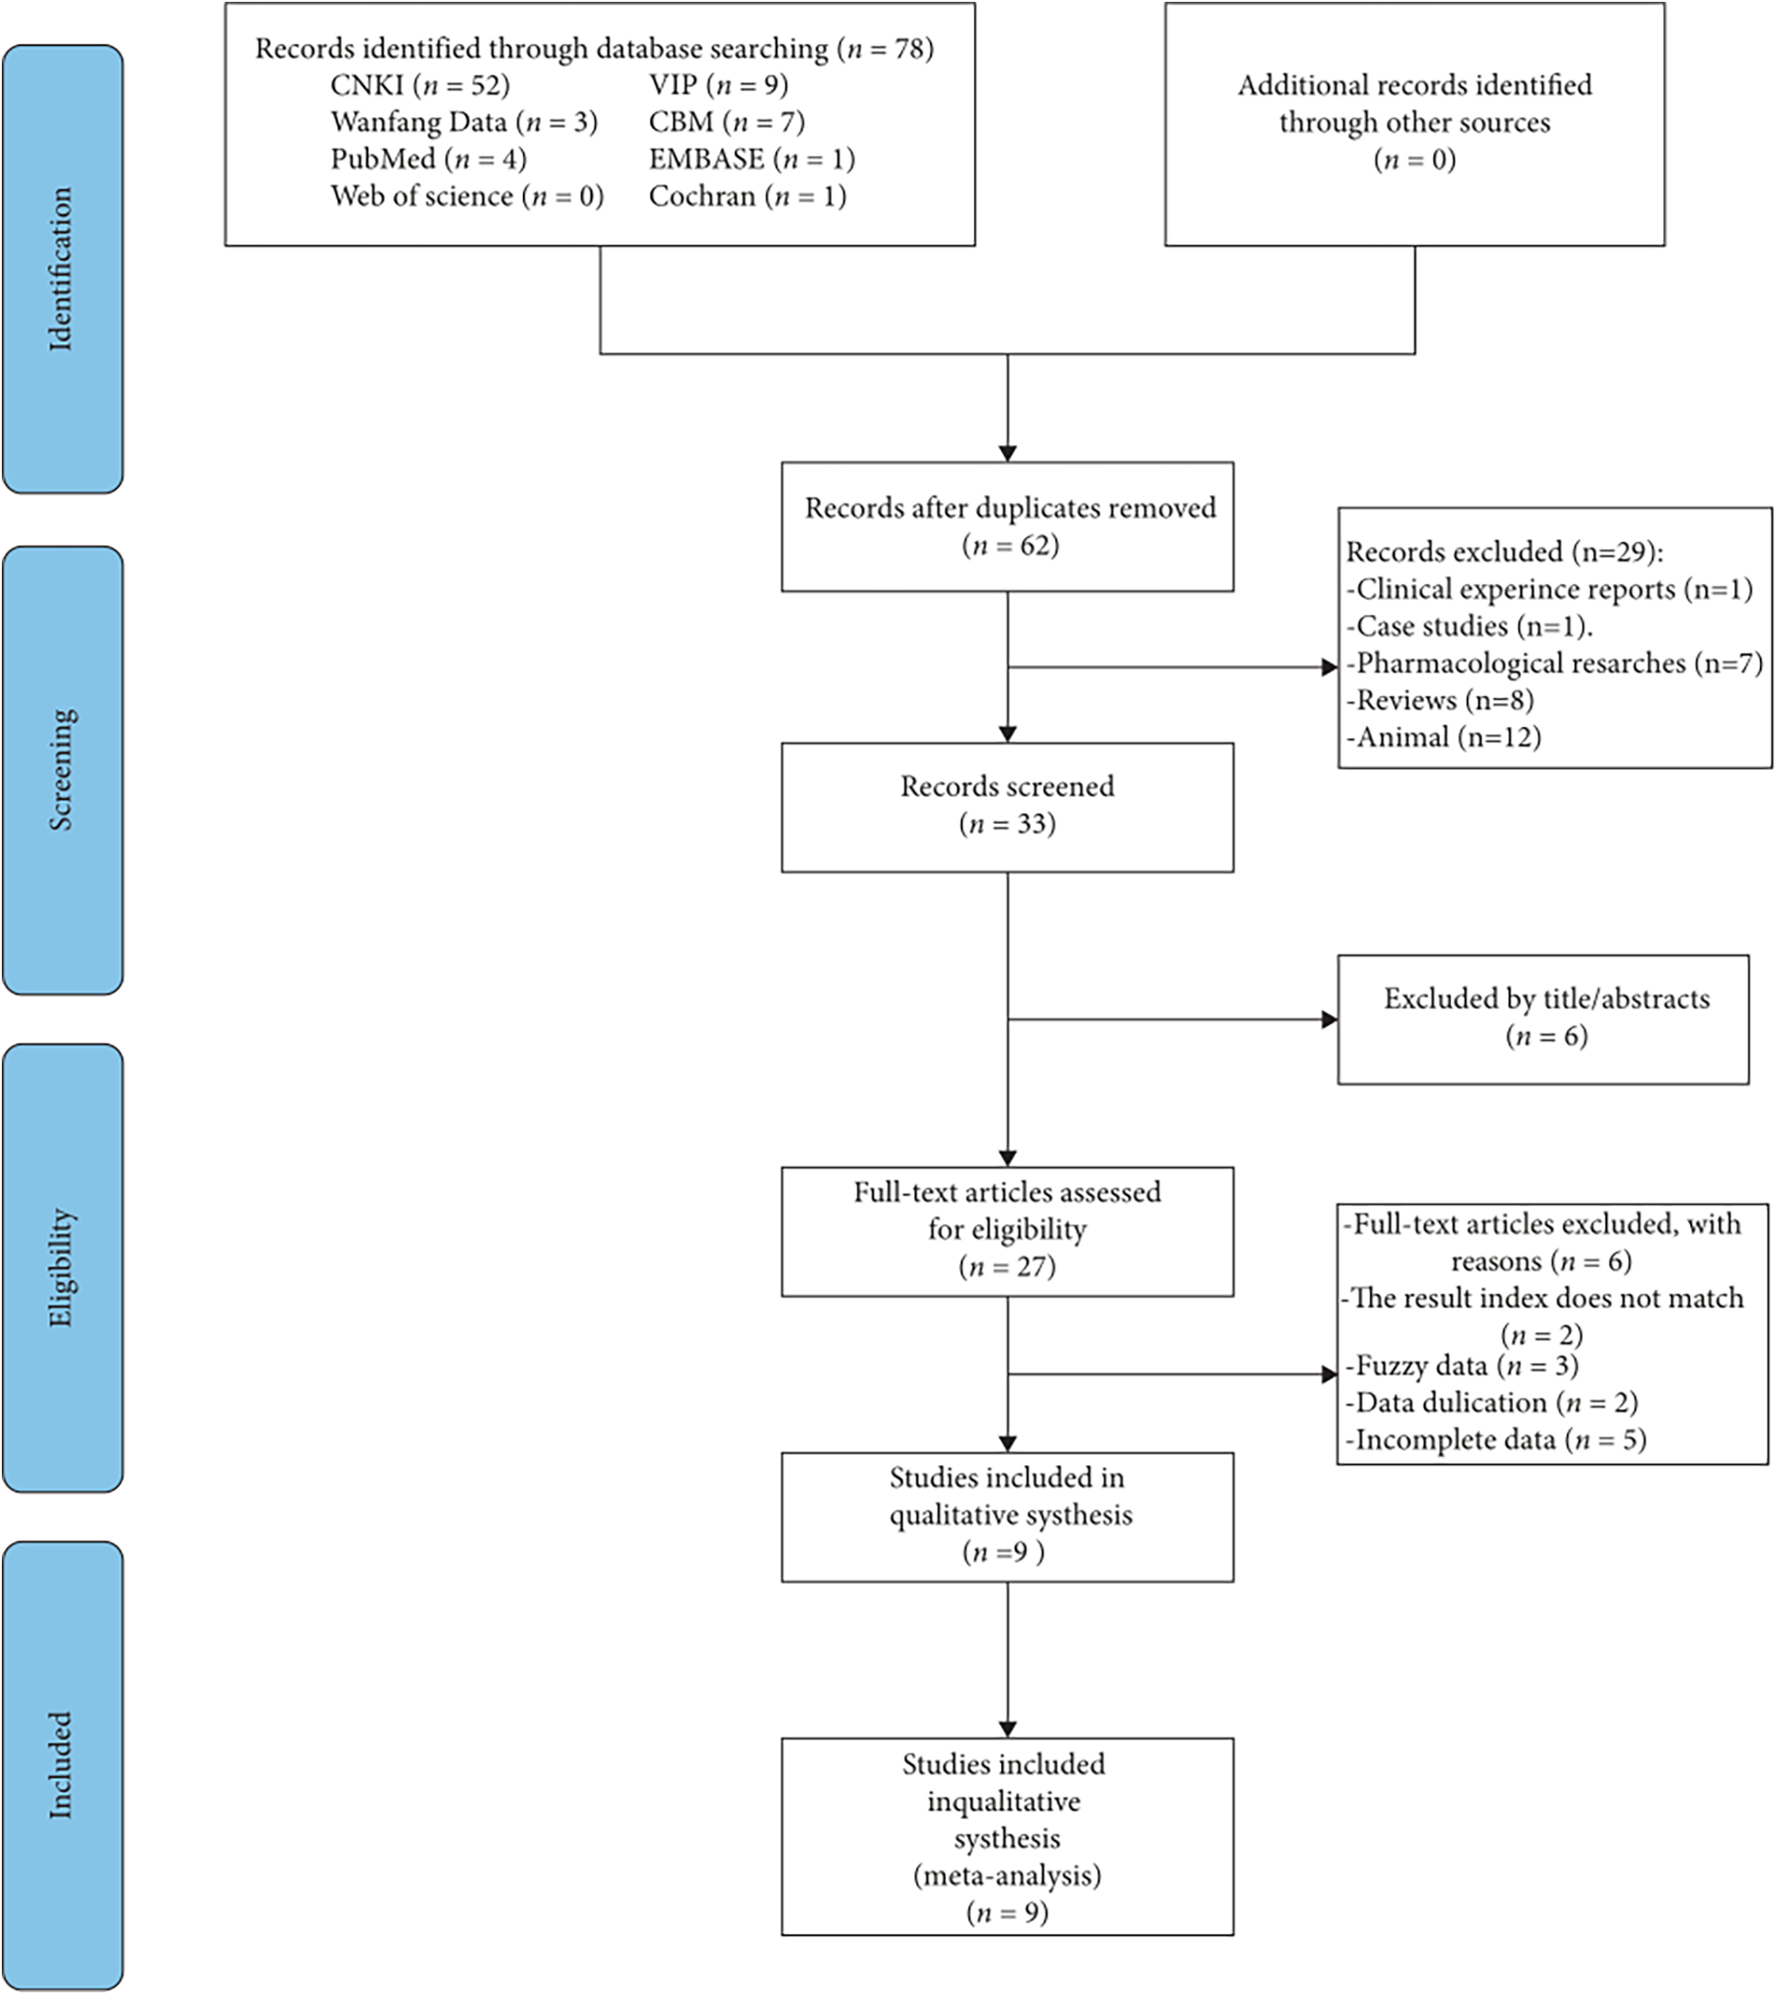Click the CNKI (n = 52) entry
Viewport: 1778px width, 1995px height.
[420, 86]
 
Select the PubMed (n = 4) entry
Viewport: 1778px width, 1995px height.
[428, 159]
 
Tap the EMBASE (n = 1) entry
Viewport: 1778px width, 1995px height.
[751, 159]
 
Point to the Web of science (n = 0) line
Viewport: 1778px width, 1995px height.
[467, 196]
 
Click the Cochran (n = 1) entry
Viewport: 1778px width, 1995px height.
[748, 196]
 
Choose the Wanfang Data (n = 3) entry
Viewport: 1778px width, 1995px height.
[463, 122]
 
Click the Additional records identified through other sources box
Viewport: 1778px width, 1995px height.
[1414, 123]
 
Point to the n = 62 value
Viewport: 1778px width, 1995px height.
[1010, 545]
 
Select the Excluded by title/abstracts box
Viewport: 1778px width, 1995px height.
[1543, 1019]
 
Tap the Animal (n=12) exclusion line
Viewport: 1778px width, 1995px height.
[1444, 737]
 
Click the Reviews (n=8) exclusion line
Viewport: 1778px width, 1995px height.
[1440, 701]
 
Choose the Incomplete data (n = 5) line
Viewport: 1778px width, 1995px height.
[1496, 1439]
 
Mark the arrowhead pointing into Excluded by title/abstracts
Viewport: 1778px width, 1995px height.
[1329, 1020]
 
